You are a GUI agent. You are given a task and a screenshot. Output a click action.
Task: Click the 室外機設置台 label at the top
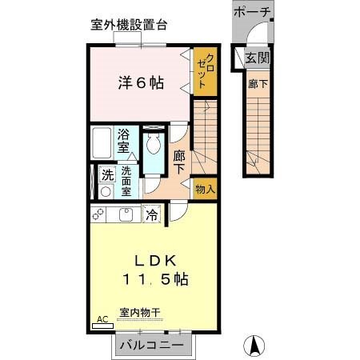pyautogui.click(x=128, y=25)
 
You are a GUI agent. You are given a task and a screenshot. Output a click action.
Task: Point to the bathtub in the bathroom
pyautogui.click(x=102, y=144)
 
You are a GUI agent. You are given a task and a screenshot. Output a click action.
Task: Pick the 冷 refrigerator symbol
pyautogui.click(x=151, y=214)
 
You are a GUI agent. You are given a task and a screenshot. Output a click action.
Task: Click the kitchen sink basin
pyautogui.click(x=127, y=214)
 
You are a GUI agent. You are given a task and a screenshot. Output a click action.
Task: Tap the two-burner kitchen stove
pyautogui.click(x=100, y=214)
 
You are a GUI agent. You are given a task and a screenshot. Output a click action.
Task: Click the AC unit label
pyautogui.click(x=102, y=319)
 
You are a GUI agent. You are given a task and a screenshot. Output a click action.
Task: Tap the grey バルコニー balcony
pyautogui.click(x=152, y=346)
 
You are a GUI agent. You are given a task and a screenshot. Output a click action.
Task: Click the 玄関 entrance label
pyautogui.click(x=258, y=58)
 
